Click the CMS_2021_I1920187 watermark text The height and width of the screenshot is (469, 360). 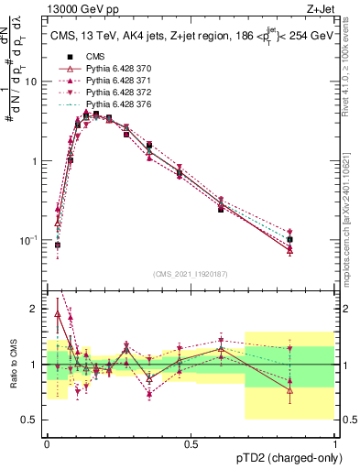tap(190, 275)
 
